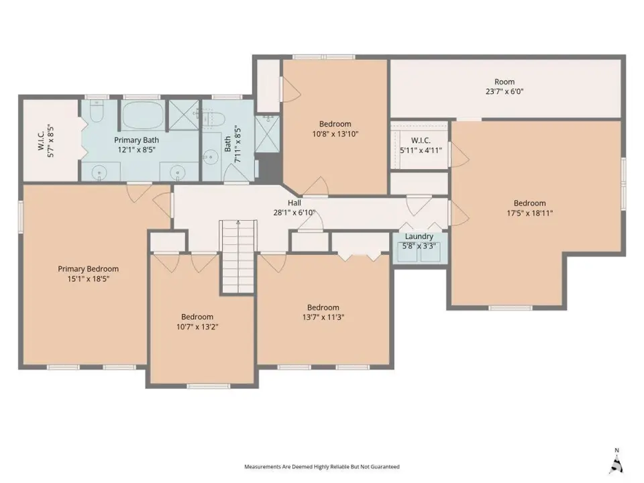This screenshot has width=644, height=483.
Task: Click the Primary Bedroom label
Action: click(x=89, y=269)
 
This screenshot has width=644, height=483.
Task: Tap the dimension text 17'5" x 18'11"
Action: click(x=530, y=213)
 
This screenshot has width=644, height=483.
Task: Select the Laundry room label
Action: click(x=419, y=237)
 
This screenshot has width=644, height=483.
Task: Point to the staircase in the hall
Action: click(x=238, y=257)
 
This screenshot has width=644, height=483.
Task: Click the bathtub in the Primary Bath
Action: click(x=144, y=115)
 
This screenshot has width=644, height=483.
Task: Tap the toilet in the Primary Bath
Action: click(x=97, y=112)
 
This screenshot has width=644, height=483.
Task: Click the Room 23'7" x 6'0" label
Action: click(x=504, y=87)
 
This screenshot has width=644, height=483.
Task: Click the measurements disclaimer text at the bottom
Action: click(x=322, y=467)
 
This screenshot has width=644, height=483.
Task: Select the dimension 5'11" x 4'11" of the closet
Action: click(x=421, y=150)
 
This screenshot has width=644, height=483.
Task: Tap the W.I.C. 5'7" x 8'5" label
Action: click(x=46, y=141)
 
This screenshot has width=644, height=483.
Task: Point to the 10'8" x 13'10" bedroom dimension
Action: click(x=335, y=134)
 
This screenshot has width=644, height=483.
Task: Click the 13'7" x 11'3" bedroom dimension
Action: click(x=323, y=317)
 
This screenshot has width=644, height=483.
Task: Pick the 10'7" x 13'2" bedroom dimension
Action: click(x=197, y=327)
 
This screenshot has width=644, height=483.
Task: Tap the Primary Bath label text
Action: click(x=136, y=140)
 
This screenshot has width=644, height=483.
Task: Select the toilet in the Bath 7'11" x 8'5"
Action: click(x=215, y=119)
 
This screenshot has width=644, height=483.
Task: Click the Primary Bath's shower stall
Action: click(x=184, y=115)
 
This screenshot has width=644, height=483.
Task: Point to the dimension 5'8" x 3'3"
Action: click(x=419, y=246)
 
